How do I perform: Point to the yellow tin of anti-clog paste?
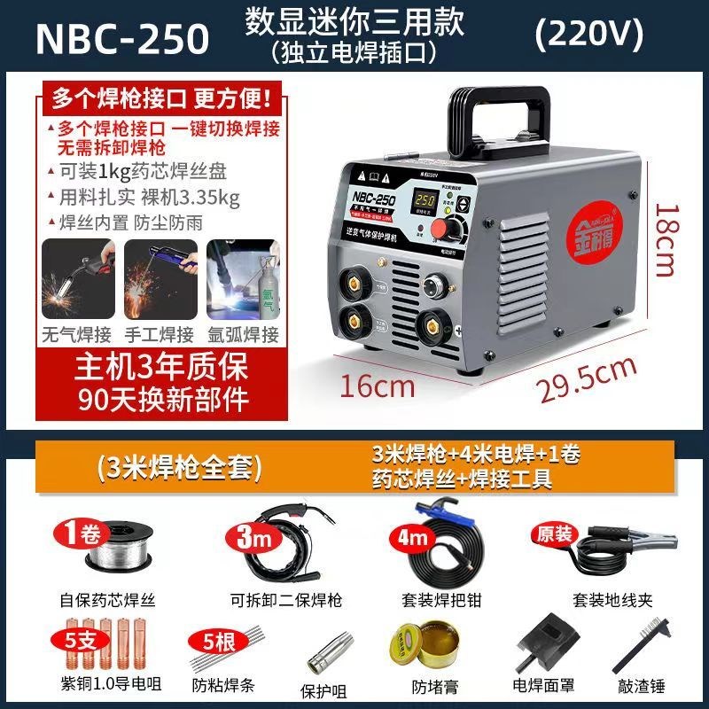point(412,657)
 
